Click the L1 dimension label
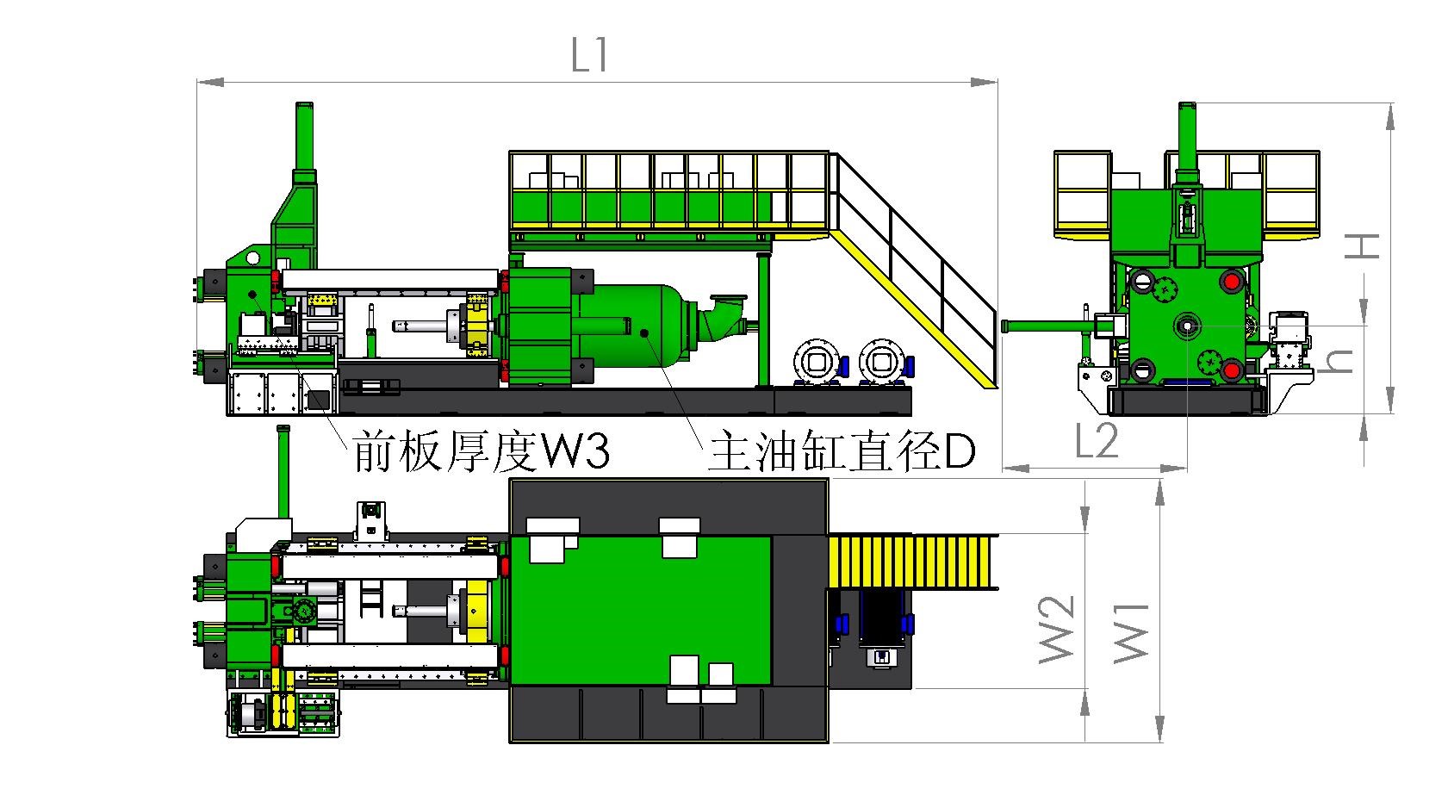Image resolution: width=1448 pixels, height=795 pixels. pyautogui.click(x=590, y=57)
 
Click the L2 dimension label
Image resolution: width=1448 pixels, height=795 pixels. pyautogui.click(x=1097, y=441)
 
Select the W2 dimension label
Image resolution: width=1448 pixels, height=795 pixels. pyautogui.click(x=1057, y=630)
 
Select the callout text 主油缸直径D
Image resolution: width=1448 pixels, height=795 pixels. pyautogui.click(x=841, y=451)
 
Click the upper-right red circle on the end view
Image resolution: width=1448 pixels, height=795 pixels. pyautogui.click(x=1231, y=281)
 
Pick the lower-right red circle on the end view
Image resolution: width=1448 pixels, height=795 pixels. pyautogui.click(x=1231, y=370)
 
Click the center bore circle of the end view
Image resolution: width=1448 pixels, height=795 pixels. pyautogui.click(x=1186, y=326)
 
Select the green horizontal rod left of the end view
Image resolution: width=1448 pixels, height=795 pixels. pyautogui.click(x=1047, y=326)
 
